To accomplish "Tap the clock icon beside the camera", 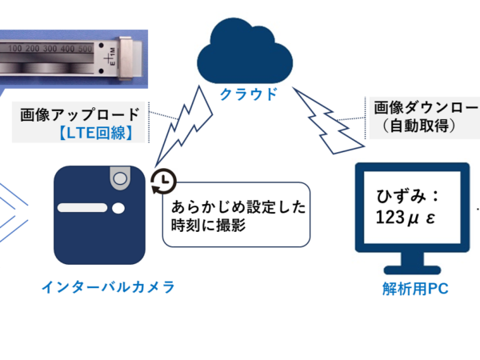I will pyautogui.click(x=163, y=182).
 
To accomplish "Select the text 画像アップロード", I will pyautogui.click(x=79, y=114).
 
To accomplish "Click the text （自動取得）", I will pyautogui.click(x=417, y=126).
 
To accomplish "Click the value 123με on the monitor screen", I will pyautogui.click(x=406, y=218).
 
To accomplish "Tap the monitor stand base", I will pyautogui.click(x=411, y=270).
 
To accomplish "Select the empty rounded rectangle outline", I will pyautogui.click(x=236, y=214).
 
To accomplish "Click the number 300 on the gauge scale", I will pyautogui.click(x=54, y=49).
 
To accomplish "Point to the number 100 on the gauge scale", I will pyautogui.click(x=17, y=49).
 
